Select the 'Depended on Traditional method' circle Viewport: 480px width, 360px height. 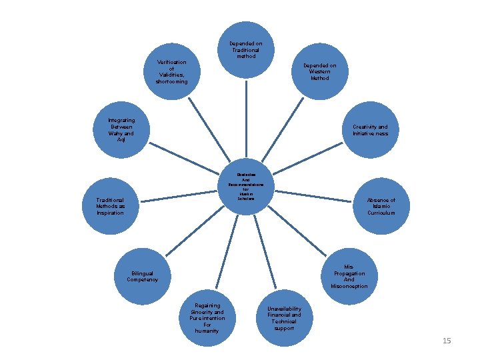point(246,50)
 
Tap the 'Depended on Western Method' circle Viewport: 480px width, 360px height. point(319,72)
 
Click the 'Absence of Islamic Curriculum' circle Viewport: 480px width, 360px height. point(381,207)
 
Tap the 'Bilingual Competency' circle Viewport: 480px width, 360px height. point(143,276)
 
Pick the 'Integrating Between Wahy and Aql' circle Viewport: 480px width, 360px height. point(121,130)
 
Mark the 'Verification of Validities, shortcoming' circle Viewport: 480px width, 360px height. point(171,72)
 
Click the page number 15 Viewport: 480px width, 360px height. point(447,341)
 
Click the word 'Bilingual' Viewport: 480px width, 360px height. point(143,273)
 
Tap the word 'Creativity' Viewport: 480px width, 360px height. point(365,127)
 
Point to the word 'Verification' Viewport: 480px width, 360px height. point(171,62)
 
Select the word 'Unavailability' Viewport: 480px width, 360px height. point(284,309)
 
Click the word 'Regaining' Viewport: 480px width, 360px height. point(207,305)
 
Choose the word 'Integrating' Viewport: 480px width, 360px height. point(121,120)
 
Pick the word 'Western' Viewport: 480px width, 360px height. point(320,72)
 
